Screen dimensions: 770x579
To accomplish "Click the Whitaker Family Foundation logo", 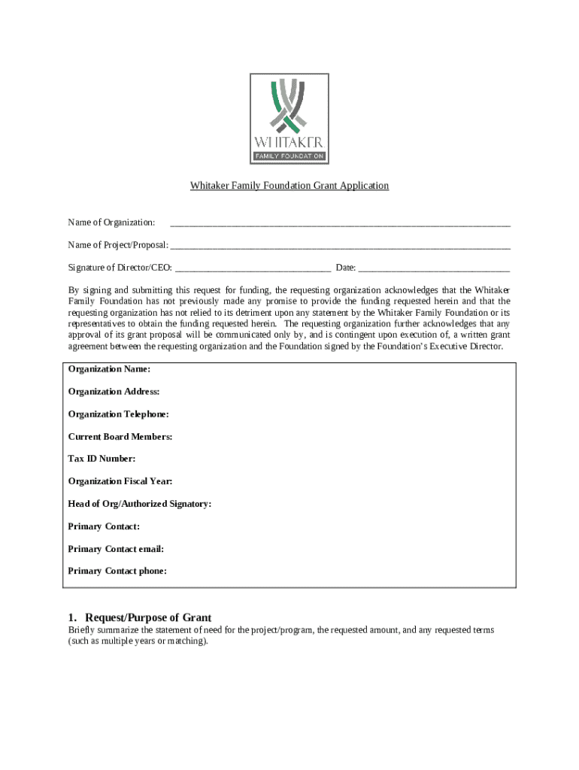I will pyautogui.click(x=289, y=118).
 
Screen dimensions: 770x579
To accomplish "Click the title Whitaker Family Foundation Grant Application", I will pyautogui.click(x=289, y=185).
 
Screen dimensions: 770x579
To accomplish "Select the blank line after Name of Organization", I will pyautogui.click(x=340, y=224).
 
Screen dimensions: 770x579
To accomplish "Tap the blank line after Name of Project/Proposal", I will pyautogui.click(x=340, y=247).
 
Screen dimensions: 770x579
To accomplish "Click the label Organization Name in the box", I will pyautogui.click(x=109, y=369).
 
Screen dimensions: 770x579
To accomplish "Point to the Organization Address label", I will pyautogui.click(x=114, y=392).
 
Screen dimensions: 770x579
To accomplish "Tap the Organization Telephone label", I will pyautogui.click(x=118, y=414).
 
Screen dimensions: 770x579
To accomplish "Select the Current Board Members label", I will pyautogui.click(x=120, y=437).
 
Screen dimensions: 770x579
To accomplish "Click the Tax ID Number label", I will pyautogui.click(x=102, y=459).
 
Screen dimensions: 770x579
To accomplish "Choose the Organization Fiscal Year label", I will pyautogui.click(x=120, y=481).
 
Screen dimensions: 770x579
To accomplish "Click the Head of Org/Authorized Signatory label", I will pyautogui.click(x=139, y=504).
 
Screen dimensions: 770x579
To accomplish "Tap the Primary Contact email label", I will pyautogui.click(x=116, y=549).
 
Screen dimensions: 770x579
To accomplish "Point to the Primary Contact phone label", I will pyautogui.click(x=117, y=571).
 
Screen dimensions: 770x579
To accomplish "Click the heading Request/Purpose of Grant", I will pyautogui.click(x=148, y=617).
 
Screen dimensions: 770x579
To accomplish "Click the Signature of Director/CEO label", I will pyautogui.click(x=120, y=268).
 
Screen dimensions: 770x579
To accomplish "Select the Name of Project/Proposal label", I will pyautogui.click(x=117, y=245).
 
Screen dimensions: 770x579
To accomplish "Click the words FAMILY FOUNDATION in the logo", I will pyautogui.click(x=289, y=156).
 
